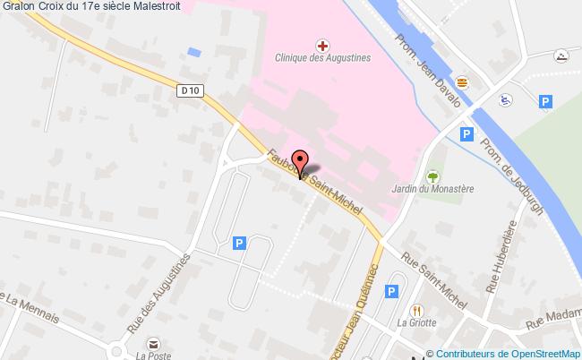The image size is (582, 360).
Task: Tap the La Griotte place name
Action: [417, 323]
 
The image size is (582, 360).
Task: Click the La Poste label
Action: [153, 355]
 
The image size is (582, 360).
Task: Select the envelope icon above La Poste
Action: [154, 342]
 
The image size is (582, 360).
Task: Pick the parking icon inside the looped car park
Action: [238, 243]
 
